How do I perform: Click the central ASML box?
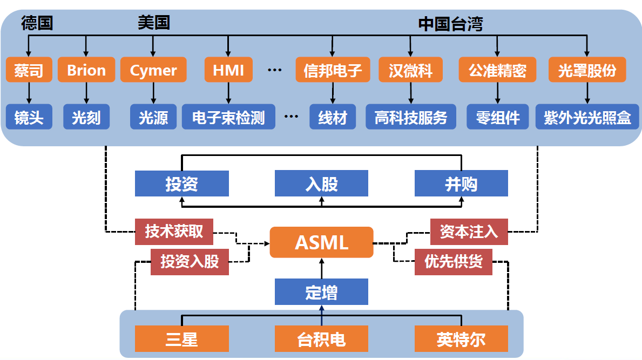pos(321,242)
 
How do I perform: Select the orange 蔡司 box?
pos(29,70)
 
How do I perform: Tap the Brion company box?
pos(86,70)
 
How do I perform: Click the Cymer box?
pos(153,70)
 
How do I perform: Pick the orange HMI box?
pos(228,70)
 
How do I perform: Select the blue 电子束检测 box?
pos(228,118)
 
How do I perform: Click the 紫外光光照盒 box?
pos(587,118)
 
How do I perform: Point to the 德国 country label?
pos(37,23)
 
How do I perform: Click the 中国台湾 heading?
pos(450,24)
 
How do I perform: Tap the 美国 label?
pos(153,23)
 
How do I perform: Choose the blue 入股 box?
pos(321,184)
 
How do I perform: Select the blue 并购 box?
pos(461,184)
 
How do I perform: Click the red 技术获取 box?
pos(174,232)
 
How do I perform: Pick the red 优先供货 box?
pos(454,262)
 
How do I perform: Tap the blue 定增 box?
pos(321,292)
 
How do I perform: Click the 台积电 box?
pos(321,339)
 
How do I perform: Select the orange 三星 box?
pos(181,339)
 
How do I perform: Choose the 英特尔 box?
pos(461,339)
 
